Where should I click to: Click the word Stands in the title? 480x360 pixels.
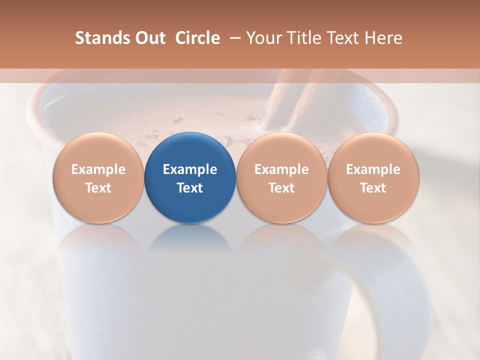click(101, 38)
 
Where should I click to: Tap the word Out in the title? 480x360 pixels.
click(149, 38)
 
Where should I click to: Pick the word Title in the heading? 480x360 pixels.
click(303, 38)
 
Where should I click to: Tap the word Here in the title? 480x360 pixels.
click(383, 38)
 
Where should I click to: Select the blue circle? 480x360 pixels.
click(190, 177)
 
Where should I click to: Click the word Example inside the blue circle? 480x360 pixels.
click(190, 169)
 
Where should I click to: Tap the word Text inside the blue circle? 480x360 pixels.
click(190, 188)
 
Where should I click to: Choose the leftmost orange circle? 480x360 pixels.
click(98, 177)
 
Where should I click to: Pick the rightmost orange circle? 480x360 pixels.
click(373, 177)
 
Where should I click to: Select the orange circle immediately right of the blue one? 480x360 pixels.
click(281, 177)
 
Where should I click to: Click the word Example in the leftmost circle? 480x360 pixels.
click(98, 169)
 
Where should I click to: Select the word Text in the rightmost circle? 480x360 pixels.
click(373, 188)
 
